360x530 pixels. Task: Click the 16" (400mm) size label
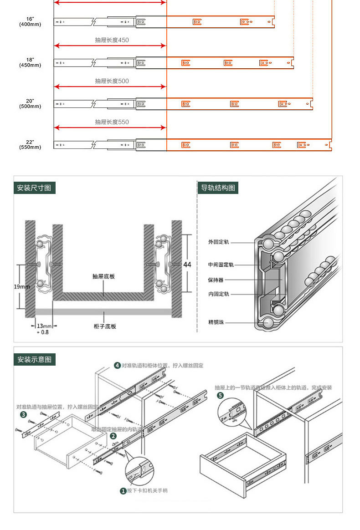tap(30, 21)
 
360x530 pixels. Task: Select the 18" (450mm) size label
tap(30, 62)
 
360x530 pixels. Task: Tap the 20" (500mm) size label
tap(30, 103)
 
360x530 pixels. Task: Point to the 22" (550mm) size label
tap(30, 144)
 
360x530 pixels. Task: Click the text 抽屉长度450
tap(112, 40)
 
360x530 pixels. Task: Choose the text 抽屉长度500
tap(112, 81)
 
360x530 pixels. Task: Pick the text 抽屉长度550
tap(112, 122)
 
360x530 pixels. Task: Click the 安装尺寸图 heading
tap(34, 188)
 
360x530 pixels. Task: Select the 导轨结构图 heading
tap(218, 188)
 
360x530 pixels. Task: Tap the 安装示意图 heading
tap(34, 359)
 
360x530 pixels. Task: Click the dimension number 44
tap(187, 265)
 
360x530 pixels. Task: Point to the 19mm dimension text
tap(21, 287)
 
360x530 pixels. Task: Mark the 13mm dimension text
tap(44, 326)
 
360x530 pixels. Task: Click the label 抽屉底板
tap(104, 276)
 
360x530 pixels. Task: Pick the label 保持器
tap(216, 280)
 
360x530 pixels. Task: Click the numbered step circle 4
tap(117, 365)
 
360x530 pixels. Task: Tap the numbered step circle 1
tap(123, 491)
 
